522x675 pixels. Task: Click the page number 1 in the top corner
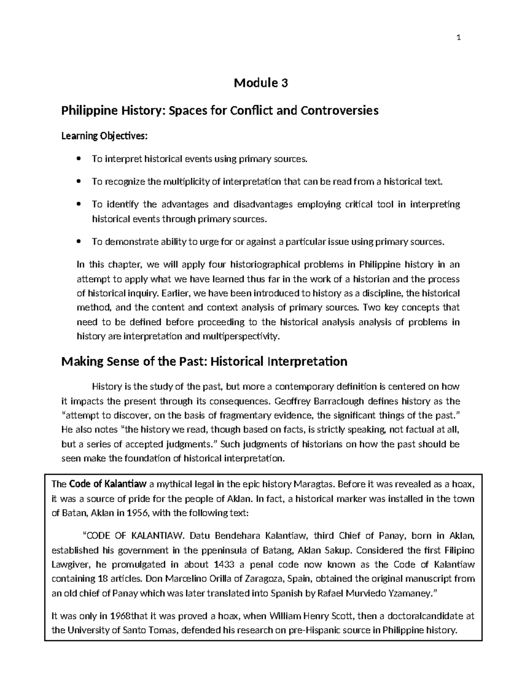[458, 37]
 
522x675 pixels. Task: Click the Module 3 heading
[261, 83]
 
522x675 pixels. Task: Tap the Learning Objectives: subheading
[104, 136]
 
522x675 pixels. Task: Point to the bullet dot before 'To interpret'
[78, 159]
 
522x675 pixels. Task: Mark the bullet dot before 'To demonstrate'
[78, 242]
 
